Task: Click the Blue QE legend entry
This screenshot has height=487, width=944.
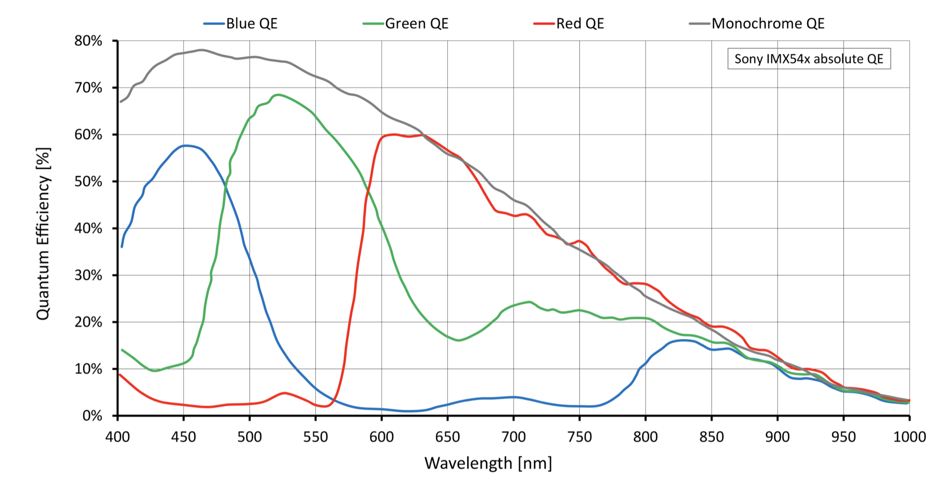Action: click(x=240, y=23)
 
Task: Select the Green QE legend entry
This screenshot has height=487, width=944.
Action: click(x=406, y=23)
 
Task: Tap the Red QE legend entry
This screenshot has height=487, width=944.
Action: click(x=569, y=23)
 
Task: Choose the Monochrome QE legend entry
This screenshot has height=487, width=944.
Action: click(x=757, y=23)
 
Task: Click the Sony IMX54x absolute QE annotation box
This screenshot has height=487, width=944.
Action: click(x=809, y=59)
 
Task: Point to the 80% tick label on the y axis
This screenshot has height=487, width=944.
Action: click(x=88, y=41)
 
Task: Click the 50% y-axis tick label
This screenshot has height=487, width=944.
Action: click(x=88, y=182)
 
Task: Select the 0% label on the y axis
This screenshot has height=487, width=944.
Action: click(x=92, y=416)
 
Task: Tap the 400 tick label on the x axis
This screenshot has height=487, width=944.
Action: click(x=117, y=437)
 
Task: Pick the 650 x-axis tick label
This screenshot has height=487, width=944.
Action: click(x=447, y=437)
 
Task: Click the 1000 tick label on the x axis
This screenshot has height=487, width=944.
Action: click(x=910, y=437)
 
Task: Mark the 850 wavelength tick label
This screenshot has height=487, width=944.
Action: click(x=711, y=437)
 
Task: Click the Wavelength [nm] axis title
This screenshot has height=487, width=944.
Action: click(x=488, y=463)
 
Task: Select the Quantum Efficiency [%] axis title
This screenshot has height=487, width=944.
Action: click(x=43, y=234)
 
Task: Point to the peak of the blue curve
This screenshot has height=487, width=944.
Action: click(x=185, y=145)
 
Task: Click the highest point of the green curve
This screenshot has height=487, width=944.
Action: click(x=278, y=95)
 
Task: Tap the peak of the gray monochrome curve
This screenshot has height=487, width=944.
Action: click(x=202, y=50)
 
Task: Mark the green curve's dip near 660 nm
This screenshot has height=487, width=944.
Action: click(x=458, y=340)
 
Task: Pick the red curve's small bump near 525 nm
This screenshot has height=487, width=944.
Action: click(x=285, y=393)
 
